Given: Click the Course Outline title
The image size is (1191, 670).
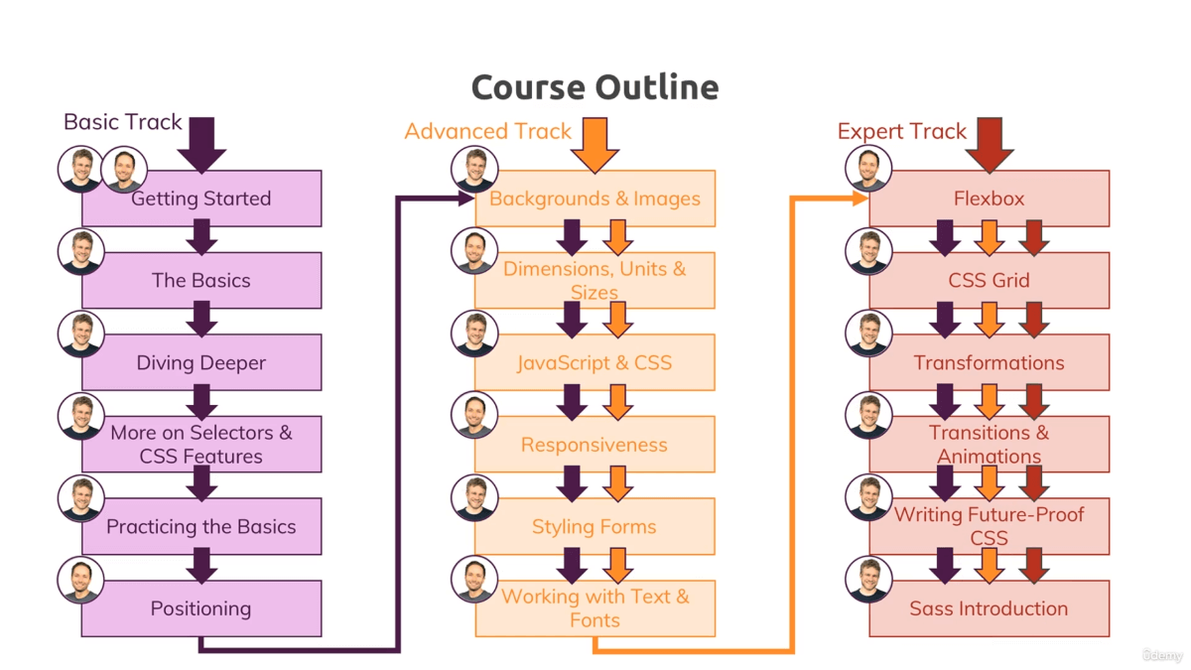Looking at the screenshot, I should pyautogui.click(x=595, y=87).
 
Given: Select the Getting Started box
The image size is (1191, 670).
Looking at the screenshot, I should pyautogui.click(x=201, y=199).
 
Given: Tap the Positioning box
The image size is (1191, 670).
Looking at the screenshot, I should pyautogui.click(x=201, y=608).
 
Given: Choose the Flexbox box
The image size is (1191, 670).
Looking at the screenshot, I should pyautogui.click(x=989, y=199).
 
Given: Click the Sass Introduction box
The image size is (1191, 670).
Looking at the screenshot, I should pyautogui.click(x=989, y=608).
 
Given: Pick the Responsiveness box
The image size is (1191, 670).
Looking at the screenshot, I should pyautogui.click(x=595, y=445).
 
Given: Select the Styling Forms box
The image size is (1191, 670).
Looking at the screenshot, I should pyautogui.click(x=595, y=527).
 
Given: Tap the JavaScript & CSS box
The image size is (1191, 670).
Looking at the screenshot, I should pyautogui.click(x=595, y=362).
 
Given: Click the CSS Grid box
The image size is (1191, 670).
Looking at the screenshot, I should pyautogui.click(x=989, y=281).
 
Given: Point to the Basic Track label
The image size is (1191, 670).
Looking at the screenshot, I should pyautogui.click(x=123, y=122).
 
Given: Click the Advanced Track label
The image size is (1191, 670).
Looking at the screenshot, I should pyautogui.click(x=487, y=131).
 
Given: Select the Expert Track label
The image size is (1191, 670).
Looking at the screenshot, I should pyautogui.click(x=901, y=131).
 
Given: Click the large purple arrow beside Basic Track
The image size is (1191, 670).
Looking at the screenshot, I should pyautogui.click(x=202, y=143).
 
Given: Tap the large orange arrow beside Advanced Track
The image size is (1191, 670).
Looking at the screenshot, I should pyautogui.click(x=595, y=144).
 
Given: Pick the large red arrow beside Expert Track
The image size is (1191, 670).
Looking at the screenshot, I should pyautogui.click(x=990, y=144).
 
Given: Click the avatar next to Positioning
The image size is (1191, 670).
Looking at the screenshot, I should pyautogui.click(x=80, y=581).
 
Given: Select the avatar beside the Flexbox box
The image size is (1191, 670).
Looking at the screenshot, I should pyautogui.click(x=868, y=170).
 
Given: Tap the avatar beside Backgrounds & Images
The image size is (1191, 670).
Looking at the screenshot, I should pyautogui.click(x=474, y=170).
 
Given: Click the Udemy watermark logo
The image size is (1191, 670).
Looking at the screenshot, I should pyautogui.click(x=1162, y=655).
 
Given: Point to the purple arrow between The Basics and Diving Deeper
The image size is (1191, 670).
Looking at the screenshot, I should pyautogui.click(x=202, y=320).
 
